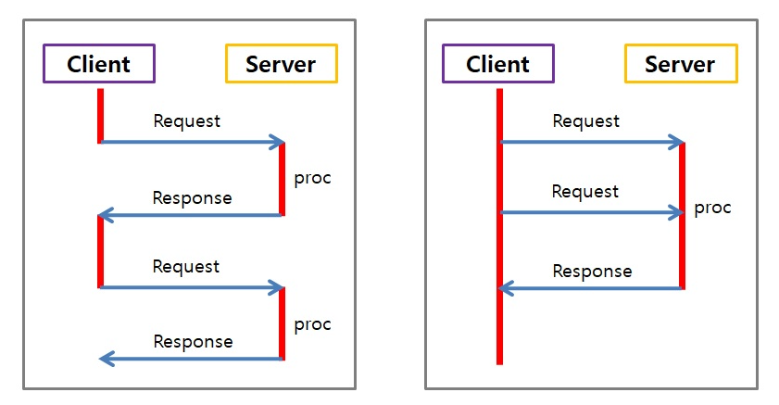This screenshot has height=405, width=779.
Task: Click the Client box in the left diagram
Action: [x=98, y=64]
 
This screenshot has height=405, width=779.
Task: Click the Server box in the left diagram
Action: [x=281, y=64]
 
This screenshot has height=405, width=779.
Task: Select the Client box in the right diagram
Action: [x=497, y=64]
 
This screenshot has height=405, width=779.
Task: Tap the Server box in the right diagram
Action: [x=680, y=64]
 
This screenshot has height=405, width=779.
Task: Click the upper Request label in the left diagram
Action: [x=186, y=120]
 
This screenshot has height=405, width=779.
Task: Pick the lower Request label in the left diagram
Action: [x=186, y=266]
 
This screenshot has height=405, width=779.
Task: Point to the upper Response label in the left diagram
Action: [x=192, y=197]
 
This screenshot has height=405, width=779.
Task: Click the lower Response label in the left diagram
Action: [x=193, y=341]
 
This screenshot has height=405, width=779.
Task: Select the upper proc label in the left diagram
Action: [x=312, y=177]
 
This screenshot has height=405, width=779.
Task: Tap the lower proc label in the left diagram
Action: [x=312, y=324]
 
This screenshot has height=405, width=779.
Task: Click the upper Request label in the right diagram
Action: [x=585, y=120]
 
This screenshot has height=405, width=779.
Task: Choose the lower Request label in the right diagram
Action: [x=584, y=191]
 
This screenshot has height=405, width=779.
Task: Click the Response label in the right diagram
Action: [x=592, y=272]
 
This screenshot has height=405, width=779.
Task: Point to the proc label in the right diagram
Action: [x=712, y=207]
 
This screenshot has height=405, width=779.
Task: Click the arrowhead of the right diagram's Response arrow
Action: [x=505, y=288]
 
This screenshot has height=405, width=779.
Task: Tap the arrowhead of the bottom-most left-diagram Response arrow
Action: [x=105, y=359]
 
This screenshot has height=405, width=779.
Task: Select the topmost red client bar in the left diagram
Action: [x=100, y=115]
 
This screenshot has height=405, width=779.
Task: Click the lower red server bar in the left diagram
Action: [x=282, y=323]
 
